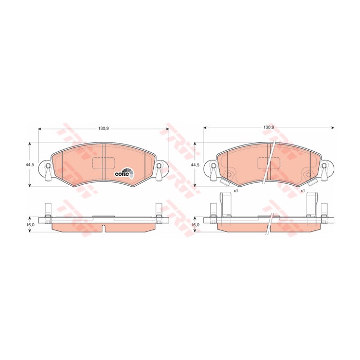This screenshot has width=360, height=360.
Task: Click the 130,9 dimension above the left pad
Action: pos(103,129)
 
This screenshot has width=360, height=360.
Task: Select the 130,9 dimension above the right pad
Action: pos(269,127)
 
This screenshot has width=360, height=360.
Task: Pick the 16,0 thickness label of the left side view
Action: pos(30,225)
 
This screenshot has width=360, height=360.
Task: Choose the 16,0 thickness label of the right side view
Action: pos(195,225)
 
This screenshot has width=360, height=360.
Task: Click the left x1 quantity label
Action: pos(236,191)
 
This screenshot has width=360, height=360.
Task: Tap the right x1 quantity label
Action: pos(302,191)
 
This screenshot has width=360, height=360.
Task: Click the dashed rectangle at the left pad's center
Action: pos(103,164)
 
